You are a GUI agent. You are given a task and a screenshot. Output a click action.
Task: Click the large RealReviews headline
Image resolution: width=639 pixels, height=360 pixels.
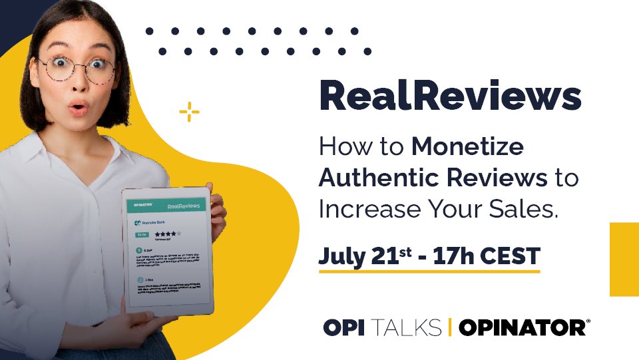(450, 97)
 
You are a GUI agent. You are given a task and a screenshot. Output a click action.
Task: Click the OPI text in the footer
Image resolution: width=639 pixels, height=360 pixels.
(344, 327)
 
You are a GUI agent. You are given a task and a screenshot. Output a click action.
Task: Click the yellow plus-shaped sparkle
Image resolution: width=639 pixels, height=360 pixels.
(190, 112)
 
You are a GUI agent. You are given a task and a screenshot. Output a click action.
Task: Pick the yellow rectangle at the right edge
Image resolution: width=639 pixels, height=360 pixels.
(624, 259)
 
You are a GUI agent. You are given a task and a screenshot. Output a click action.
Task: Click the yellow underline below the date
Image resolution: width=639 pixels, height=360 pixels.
(429, 271)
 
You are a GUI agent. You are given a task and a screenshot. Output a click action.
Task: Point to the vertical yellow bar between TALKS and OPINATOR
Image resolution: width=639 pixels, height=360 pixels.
(451, 327)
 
